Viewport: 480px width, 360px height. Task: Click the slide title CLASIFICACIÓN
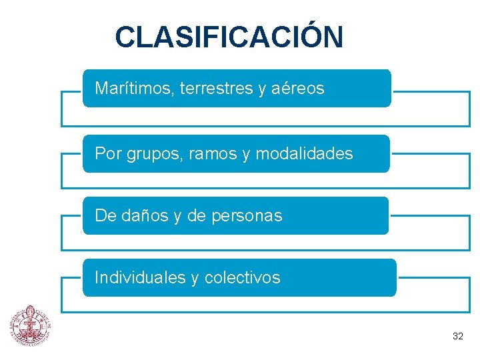pos(229,37)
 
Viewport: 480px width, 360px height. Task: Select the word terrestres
pos(216,88)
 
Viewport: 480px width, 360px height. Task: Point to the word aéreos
pos(298,88)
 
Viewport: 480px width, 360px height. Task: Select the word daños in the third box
pos(141,216)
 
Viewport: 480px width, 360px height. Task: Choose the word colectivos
pos(243,277)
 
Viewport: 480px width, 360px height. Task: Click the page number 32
pos(457,336)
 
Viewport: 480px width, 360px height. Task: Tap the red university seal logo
pos(29,327)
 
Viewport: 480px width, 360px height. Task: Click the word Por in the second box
pos(107,154)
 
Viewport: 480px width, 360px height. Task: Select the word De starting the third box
pos(105,216)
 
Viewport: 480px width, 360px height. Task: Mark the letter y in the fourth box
pos(195,279)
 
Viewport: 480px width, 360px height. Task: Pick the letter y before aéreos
pos(261,89)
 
